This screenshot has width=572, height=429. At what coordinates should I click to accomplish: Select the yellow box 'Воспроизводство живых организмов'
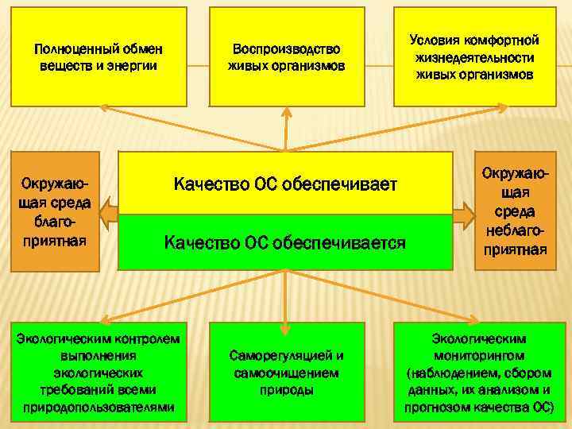[286, 56]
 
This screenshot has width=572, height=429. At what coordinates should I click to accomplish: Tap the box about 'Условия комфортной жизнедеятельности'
[474, 56]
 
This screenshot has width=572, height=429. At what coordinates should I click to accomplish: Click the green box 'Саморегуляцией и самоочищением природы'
[286, 372]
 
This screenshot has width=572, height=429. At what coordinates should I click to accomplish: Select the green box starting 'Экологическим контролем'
[99, 372]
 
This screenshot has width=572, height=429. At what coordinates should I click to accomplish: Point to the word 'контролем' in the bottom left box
[151, 338]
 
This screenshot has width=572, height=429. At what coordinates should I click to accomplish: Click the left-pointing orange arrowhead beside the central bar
[110, 213]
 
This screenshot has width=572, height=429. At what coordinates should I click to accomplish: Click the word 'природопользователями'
[99, 407]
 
